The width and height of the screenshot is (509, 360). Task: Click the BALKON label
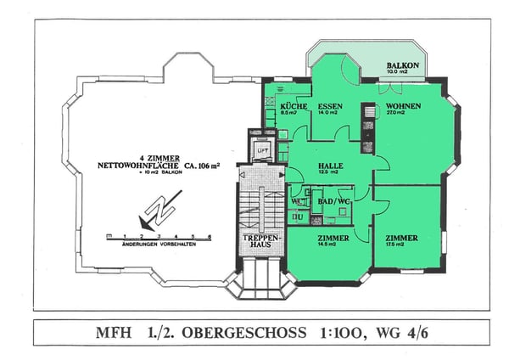[x=402, y=65]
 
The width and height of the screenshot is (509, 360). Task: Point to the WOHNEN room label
[x=403, y=106]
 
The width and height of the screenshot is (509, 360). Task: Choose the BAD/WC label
[x=331, y=200]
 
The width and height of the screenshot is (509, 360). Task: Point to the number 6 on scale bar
[x=209, y=234]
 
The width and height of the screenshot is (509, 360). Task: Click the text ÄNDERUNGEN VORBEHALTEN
[x=159, y=247]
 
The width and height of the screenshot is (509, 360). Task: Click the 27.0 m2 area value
[x=403, y=114]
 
